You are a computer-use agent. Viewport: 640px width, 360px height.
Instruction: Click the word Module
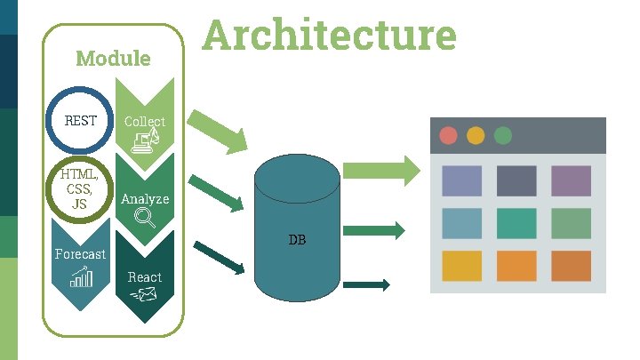click(x=113, y=59)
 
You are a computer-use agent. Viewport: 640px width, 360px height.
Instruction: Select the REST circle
click(x=81, y=121)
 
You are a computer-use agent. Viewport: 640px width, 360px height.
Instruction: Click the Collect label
click(x=145, y=122)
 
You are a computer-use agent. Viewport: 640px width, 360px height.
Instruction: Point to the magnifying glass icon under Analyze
click(x=145, y=217)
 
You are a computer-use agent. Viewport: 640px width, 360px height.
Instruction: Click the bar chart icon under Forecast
click(x=81, y=279)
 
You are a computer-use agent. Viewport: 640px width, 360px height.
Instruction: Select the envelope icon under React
click(x=143, y=297)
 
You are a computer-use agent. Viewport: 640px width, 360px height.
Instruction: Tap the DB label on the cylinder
click(x=297, y=240)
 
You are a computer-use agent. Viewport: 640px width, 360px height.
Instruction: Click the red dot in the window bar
click(x=449, y=136)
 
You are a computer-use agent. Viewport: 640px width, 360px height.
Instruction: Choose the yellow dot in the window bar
click(x=476, y=136)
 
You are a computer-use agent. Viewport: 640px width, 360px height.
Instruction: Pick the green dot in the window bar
click(x=503, y=136)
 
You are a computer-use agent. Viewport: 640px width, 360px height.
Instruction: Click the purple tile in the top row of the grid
click(x=571, y=180)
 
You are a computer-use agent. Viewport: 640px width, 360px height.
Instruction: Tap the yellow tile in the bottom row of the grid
click(x=462, y=265)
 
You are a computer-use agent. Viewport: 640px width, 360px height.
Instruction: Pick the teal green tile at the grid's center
click(x=516, y=223)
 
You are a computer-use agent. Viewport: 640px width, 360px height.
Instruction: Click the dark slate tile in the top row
click(x=516, y=180)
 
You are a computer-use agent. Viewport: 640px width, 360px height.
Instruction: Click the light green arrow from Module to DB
click(x=218, y=130)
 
